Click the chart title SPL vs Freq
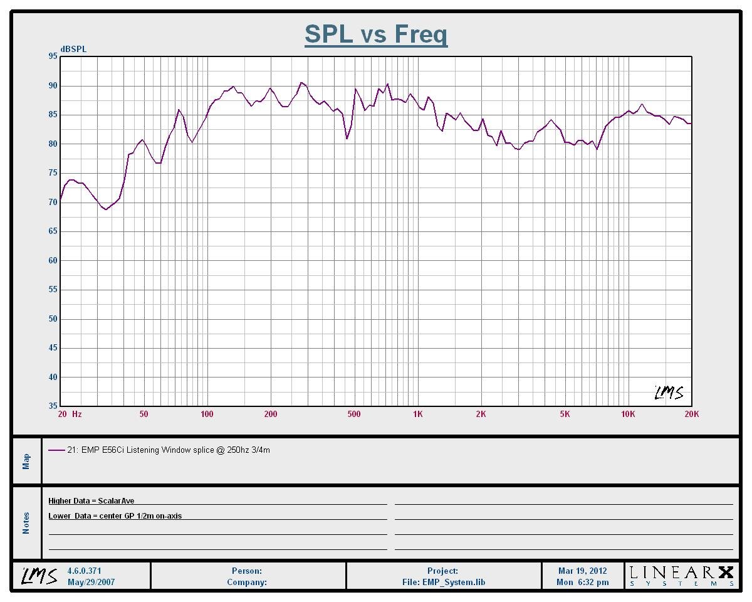(x=376, y=34)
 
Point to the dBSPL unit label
(x=73, y=49)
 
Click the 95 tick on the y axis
(x=52, y=56)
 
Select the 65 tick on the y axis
(x=52, y=231)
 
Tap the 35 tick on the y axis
(x=52, y=406)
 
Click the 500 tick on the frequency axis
(x=354, y=414)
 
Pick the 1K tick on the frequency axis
(x=418, y=414)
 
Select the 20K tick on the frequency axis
(x=691, y=414)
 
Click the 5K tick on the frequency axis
(x=565, y=414)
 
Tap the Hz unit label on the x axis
(x=77, y=414)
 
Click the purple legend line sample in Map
(x=56, y=450)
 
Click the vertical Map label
(x=26, y=461)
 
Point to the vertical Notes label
(x=26, y=523)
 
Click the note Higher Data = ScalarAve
(x=91, y=501)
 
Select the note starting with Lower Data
(x=115, y=516)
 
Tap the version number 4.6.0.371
(x=85, y=571)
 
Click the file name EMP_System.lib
(x=444, y=582)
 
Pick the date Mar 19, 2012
(x=582, y=571)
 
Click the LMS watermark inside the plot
(x=669, y=393)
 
